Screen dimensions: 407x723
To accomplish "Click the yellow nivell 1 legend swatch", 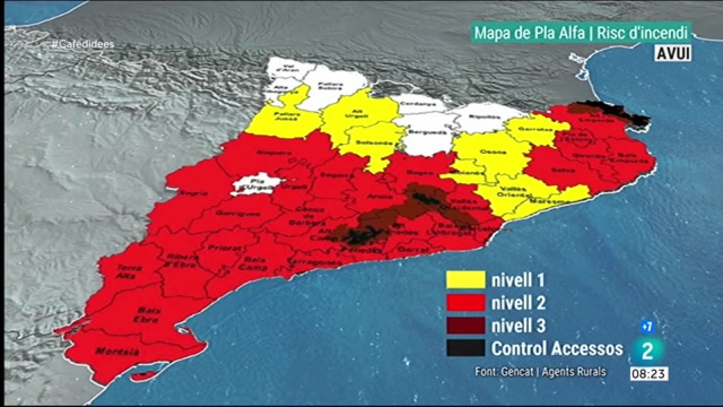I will click(465, 279).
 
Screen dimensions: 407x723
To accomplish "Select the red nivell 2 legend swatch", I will click(465, 303).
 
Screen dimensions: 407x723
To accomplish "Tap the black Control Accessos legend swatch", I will click(465, 348).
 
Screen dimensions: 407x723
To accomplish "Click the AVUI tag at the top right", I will click(673, 53).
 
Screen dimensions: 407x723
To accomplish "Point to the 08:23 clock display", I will click(649, 374).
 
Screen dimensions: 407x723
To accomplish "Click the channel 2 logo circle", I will click(647, 351).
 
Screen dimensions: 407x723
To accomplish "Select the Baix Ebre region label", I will click(147, 315).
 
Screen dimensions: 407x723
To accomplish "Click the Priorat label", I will click(225, 248).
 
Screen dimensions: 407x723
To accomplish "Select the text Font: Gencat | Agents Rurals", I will click(540, 372).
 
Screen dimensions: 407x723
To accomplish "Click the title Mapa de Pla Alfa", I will click(529, 33).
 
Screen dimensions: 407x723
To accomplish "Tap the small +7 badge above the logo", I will click(647, 326).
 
